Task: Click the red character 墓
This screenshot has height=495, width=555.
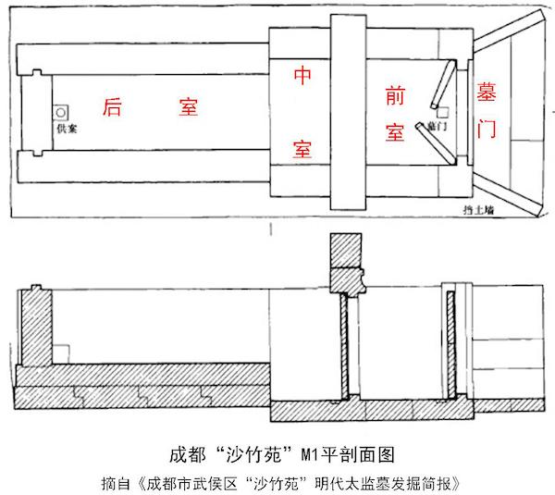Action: tap(486, 94)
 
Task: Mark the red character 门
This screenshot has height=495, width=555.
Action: tap(486, 130)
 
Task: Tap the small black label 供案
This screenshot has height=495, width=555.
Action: tap(66, 129)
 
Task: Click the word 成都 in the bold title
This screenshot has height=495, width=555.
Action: tap(187, 454)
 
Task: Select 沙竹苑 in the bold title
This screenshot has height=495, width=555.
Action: tap(246, 454)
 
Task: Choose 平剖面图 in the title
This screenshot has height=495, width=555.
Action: tap(350, 454)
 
